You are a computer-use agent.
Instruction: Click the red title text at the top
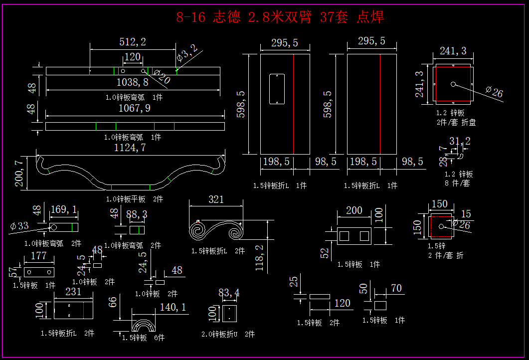click(x=280, y=17)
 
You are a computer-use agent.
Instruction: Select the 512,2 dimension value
click(x=133, y=42)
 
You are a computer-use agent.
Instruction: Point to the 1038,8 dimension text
click(x=132, y=82)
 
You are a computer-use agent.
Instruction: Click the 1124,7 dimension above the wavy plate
click(x=130, y=148)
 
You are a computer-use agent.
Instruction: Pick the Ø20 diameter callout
click(x=162, y=77)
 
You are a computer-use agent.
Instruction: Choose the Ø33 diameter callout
click(x=19, y=226)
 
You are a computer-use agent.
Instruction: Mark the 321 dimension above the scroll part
click(x=216, y=199)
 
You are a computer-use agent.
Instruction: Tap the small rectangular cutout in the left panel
click(x=276, y=89)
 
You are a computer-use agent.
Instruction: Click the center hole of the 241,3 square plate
click(x=453, y=84)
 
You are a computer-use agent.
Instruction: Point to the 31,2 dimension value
click(x=460, y=141)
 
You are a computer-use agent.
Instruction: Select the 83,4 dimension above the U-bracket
click(x=229, y=293)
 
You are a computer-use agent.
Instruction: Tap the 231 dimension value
click(x=73, y=292)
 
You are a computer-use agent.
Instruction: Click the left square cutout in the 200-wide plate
click(x=344, y=236)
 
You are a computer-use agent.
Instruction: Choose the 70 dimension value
click(x=396, y=288)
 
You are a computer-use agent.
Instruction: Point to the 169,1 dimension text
click(x=64, y=210)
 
